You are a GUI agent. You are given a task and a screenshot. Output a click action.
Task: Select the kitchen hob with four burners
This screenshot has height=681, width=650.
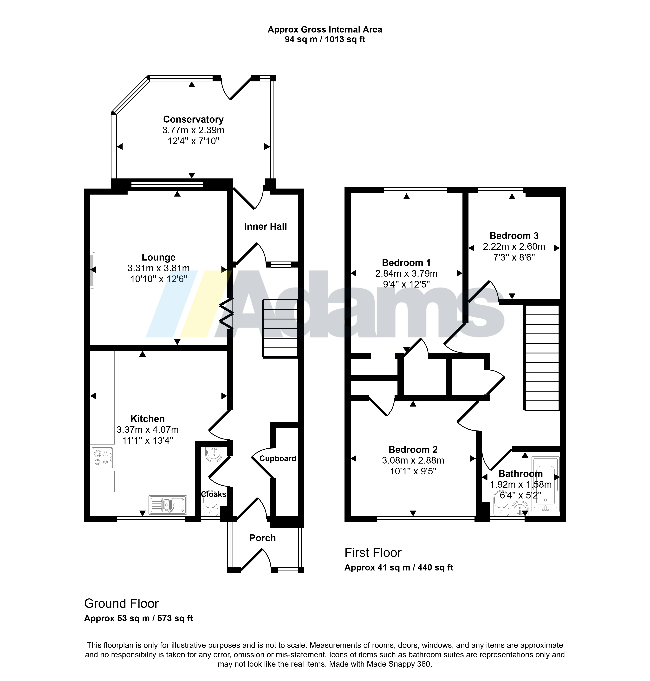pos(102,458)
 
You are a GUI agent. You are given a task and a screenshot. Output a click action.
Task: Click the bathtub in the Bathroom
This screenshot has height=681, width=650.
pos(546,484)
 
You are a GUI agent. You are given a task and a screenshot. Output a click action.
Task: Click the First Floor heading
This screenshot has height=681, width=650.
pos(373,552)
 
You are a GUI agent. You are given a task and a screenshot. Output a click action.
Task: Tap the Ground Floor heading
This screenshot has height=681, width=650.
pos(121,603)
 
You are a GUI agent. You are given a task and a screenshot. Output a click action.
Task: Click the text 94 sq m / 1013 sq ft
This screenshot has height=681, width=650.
pos(325,39)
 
